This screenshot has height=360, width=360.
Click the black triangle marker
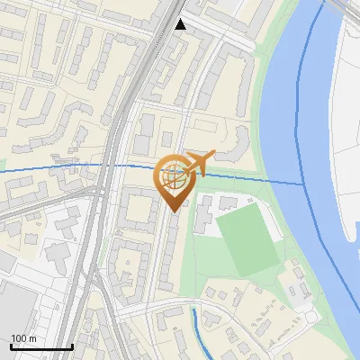tap(181, 25)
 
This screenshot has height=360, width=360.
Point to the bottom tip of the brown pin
tap(175, 212)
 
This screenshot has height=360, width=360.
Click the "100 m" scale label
tap(24, 338)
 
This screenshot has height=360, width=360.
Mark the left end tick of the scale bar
tap(12, 346)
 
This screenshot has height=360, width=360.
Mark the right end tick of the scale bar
tap(72, 346)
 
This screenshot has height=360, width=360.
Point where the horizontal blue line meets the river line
tap(303, 184)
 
